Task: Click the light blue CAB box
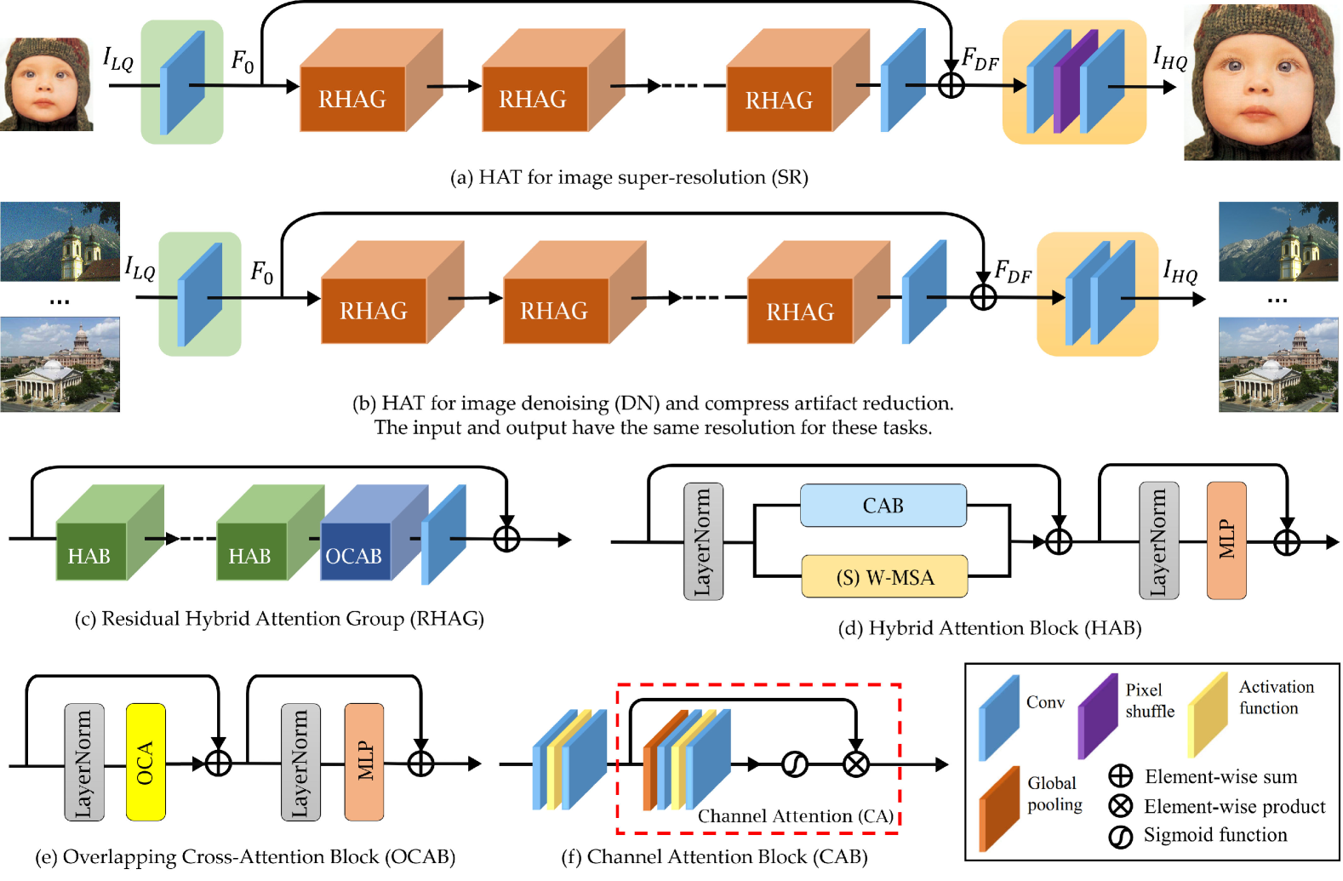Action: click(883, 506)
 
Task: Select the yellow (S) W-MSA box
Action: click(884, 577)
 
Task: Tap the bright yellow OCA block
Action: click(146, 761)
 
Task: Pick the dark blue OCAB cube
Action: click(355, 555)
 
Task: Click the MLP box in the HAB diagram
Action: click(1226, 540)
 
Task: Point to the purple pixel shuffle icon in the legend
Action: click(1097, 715)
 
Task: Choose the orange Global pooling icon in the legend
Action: click(998, 808)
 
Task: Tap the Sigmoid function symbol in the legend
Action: click(1120, 836)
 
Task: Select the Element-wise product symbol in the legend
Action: click(1120, 805)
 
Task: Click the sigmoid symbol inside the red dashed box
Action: click(794, 764)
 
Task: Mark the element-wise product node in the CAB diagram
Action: click(855, 764)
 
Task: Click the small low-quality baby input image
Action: click(46, 83)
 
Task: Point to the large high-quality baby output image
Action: click(1261, 83)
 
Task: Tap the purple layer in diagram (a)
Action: click(1074, 83)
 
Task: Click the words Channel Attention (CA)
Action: click(795, 815)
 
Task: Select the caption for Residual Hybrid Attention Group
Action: click(279, 619)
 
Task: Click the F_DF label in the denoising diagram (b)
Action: click(1013, 272)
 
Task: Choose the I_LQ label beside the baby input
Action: click(118, 59)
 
